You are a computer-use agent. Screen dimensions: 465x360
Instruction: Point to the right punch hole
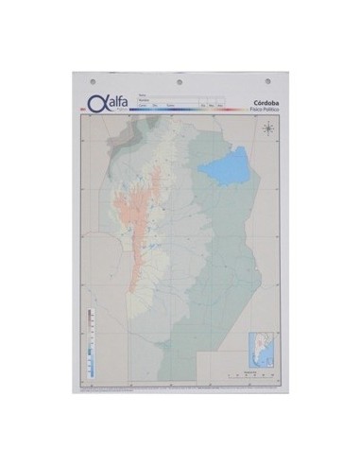(x=265, y=80)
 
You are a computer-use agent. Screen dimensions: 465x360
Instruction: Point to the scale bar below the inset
(x=250, y=373)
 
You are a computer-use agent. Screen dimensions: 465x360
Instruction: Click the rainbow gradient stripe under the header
(x=180, y=111)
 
